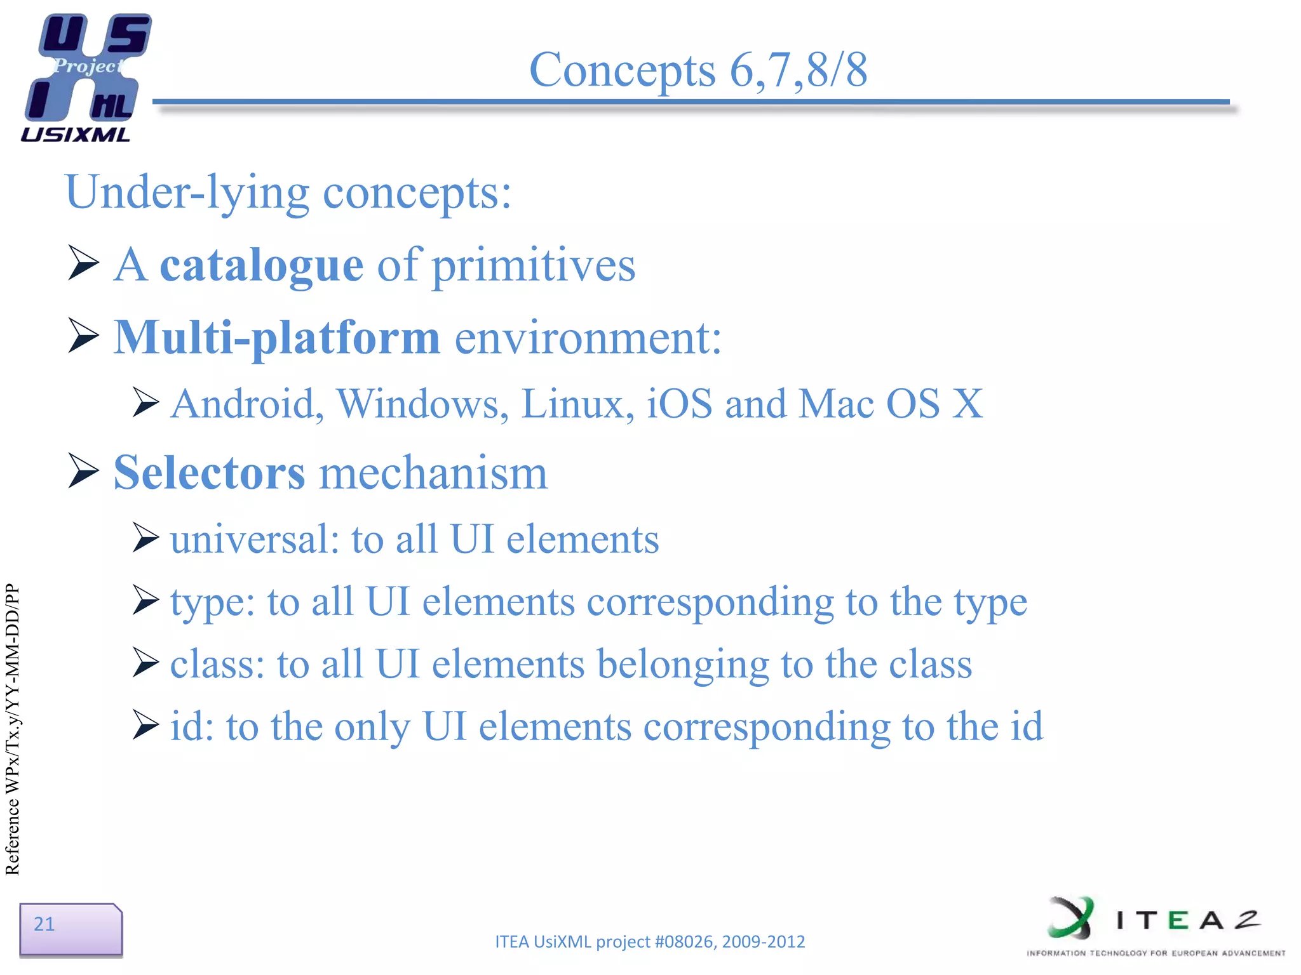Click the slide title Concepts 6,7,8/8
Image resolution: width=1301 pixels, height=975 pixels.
698,70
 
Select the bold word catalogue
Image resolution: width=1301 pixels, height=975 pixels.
261,265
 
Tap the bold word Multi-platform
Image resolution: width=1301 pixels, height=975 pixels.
276,338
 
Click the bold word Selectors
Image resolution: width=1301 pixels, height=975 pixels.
209,473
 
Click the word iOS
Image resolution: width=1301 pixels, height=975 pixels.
679,404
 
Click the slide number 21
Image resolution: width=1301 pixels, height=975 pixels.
44,924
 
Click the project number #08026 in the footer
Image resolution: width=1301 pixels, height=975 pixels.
684,941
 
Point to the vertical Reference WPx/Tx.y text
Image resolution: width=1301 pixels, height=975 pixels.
13,730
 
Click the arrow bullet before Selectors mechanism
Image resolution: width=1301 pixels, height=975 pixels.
83,472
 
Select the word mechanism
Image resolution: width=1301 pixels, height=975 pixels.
433,473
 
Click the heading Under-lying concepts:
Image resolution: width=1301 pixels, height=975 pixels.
288,192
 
